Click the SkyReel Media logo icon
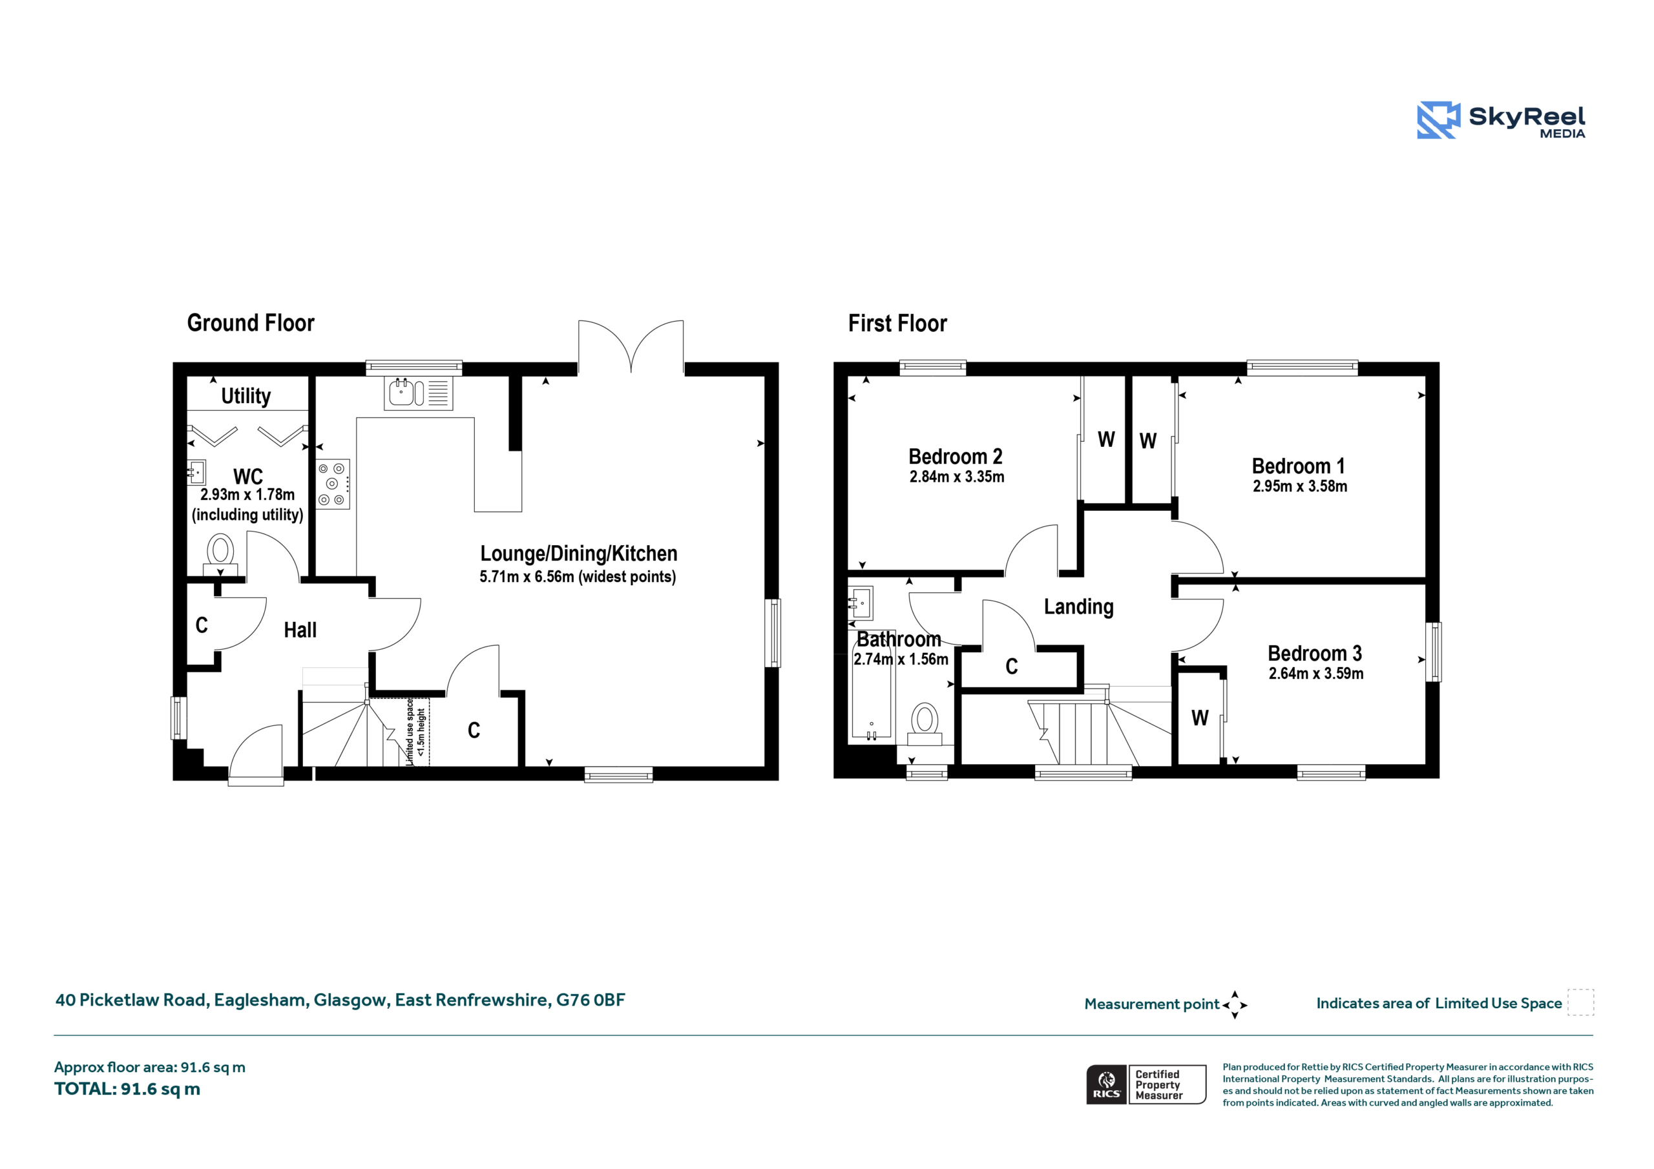pos(1438,119)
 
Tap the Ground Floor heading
pos(251,323)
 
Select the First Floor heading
pos(897,324)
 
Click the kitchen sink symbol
pos(419,393)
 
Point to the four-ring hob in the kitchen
pos(333,484)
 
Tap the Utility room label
pos(246,395)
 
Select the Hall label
pos(300,630)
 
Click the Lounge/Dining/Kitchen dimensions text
pos(578,577)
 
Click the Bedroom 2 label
pos(955,457)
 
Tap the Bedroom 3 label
pos(1315,654)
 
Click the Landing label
pos(1078,607)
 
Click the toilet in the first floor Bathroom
pos(925,724)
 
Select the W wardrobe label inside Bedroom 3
pos(1199,718)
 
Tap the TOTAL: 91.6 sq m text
pos(127,1089)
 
